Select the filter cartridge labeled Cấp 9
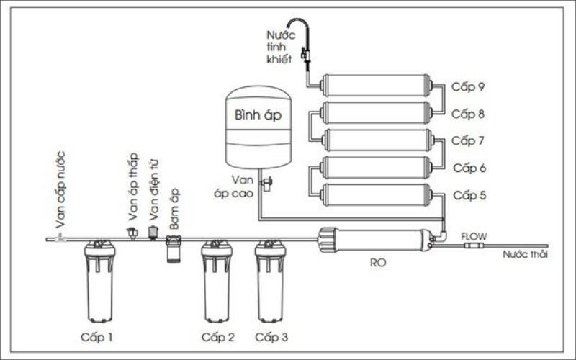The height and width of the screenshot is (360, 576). (377, 86)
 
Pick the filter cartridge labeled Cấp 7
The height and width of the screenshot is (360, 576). (377, 140)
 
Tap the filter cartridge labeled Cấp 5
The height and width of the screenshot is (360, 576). (377, 195)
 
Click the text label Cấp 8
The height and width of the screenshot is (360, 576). (468, 114)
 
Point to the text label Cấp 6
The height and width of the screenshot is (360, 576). (468, 168)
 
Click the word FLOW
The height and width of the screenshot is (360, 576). (473, 236)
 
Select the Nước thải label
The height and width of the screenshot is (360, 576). (525, 254)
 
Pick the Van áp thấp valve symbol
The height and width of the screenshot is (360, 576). (132, 233)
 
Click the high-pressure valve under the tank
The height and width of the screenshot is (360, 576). (266, 184)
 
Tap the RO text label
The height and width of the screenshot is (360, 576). (378, 263)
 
